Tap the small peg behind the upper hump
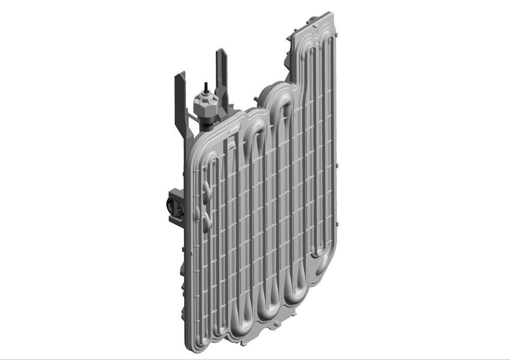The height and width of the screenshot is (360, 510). [255, 99]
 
